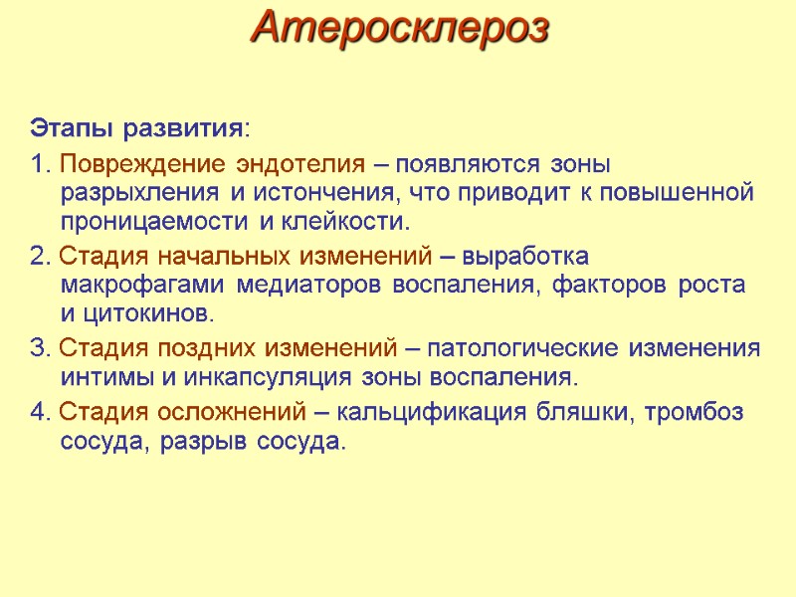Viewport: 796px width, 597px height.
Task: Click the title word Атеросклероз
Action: pos(400,27)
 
